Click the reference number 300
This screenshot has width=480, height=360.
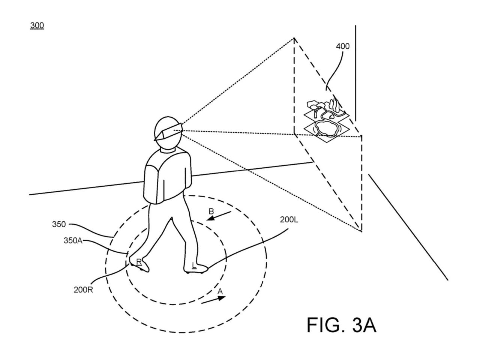(x=37, y=25)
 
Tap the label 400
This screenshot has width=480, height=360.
(x=343, y=46)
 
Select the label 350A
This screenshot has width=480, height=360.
(x=73, y=240)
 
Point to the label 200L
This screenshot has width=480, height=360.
(x=289, y=220)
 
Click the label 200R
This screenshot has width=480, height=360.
(x=83, y=290)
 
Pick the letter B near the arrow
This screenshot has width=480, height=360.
(x=211, y=211)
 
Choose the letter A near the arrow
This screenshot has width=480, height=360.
(x=220, y=291)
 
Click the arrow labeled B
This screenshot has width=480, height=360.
(x=219, y=216)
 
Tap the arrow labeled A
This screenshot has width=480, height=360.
(x=213, y=300)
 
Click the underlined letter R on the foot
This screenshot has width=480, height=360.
(x=139, y=262)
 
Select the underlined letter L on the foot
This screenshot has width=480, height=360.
(x=193, y=265)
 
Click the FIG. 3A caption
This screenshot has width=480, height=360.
(x=342, y=325)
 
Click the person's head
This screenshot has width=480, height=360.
(x=168, y=133)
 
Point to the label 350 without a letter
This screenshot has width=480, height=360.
(x=59, y=224)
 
